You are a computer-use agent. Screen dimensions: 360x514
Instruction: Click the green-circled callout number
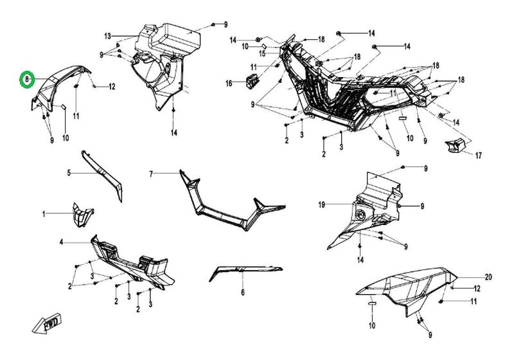(26, 78)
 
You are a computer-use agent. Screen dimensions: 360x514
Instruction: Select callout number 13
(108, 35)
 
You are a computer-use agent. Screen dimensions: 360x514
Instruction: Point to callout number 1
(44, 213)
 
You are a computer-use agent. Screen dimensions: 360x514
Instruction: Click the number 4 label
(61, 242)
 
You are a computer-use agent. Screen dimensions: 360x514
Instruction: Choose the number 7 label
(151, 174)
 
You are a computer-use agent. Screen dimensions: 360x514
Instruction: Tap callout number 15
(262, 53)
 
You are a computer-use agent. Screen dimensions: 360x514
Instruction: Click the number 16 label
(229, 84)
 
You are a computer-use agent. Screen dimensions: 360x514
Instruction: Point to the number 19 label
(322, 204)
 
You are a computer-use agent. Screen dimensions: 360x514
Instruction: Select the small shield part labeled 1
(82, 214)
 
